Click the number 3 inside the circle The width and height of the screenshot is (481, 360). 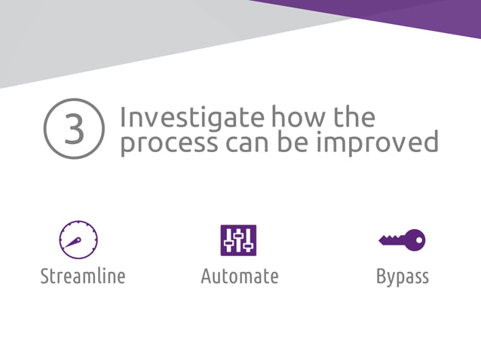(x=74, y=130)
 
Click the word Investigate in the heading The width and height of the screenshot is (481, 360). (x=192, y=117)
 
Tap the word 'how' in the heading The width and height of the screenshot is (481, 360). (x=298, y=117)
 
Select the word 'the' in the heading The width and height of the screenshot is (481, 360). (x=352, y=117)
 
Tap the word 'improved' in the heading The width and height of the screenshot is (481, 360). (x=381, y=142)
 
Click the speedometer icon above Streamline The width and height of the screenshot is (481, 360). (x=78, y=240)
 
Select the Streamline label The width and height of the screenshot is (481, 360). (x=83, y=276)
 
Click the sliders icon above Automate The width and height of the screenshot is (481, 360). (x=238, y=240)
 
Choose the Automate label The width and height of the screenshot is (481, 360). (x=240, y=276)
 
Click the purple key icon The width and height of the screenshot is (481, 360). (x=402, y=240)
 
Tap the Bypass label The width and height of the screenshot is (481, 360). (x=403, y=277)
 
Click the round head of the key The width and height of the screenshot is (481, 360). (x=415, y=240)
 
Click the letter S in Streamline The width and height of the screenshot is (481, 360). (x=44, y=276)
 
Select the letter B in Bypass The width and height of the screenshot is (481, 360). (x=381, y=276)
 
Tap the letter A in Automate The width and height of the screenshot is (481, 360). (x=206, y=276)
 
